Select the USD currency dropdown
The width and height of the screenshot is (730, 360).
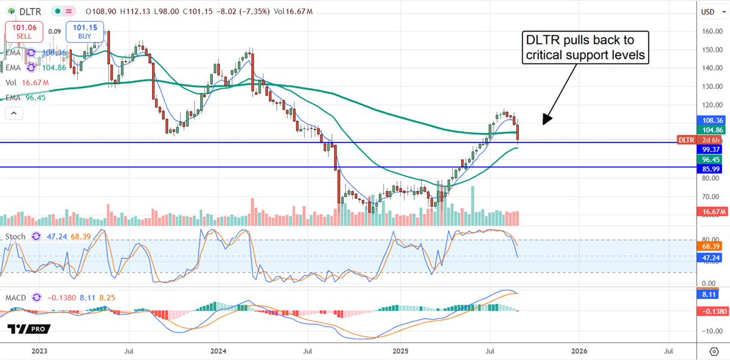point(707,12)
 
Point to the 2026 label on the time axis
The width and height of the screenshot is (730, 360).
point(579,351)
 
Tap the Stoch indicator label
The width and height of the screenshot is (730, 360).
point(16,237)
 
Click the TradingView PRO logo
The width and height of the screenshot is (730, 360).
point(29,329)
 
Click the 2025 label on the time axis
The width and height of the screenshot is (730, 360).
point(398,351)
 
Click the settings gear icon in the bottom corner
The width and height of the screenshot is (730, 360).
point(714,351)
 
